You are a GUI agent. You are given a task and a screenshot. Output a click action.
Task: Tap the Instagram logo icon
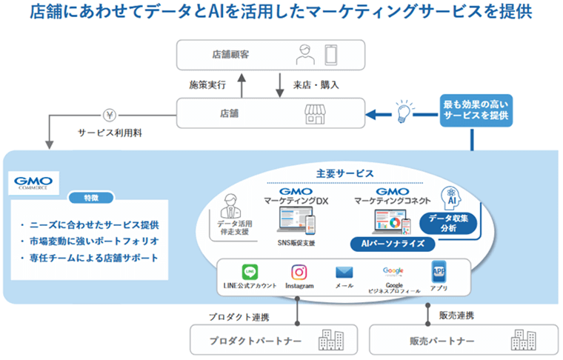click(299, 272)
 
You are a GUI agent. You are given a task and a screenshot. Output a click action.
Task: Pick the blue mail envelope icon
click(344, 272)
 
